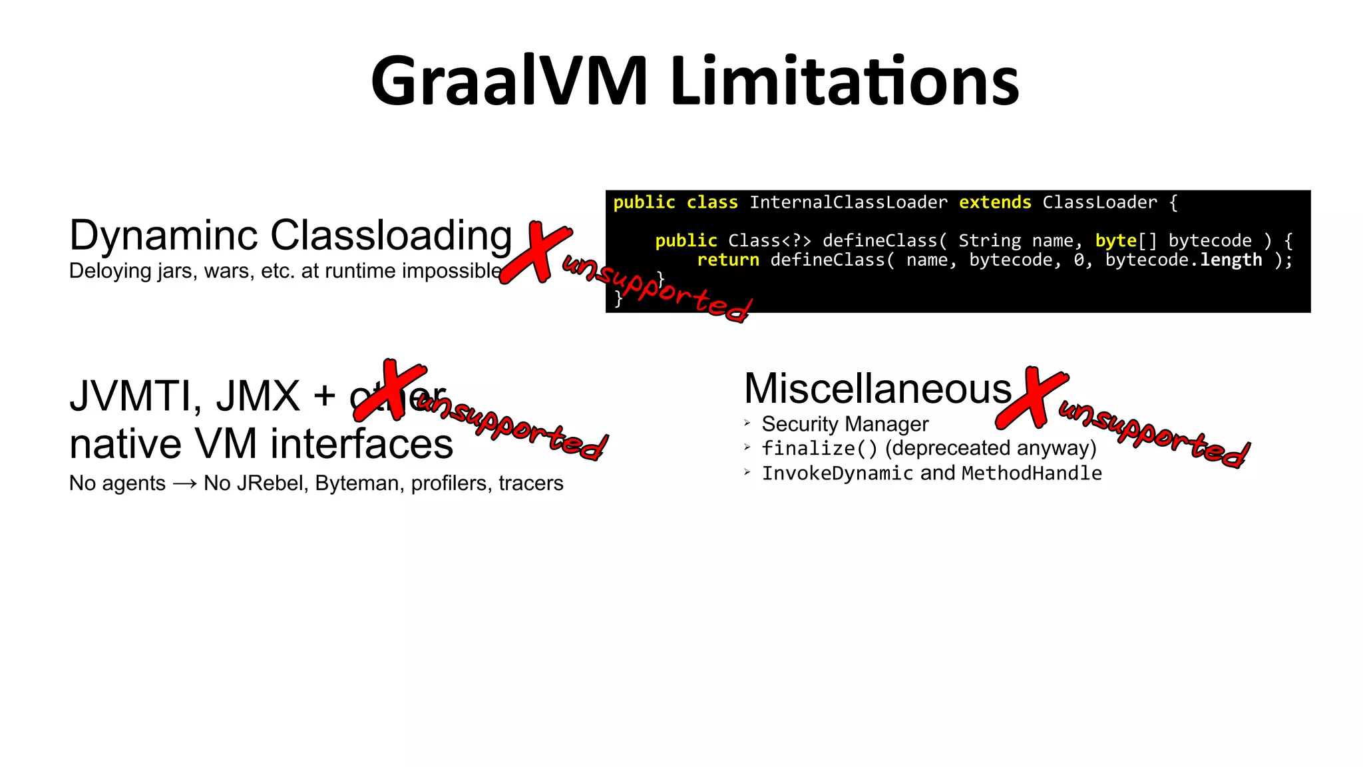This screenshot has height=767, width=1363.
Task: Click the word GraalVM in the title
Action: coord(509,82)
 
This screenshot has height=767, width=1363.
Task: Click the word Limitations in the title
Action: coord(845,82)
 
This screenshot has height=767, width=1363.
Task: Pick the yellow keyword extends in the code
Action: coord(995,202)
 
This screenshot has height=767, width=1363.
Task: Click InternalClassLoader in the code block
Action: coord(849,202)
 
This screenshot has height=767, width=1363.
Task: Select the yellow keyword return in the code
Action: coord(727,260)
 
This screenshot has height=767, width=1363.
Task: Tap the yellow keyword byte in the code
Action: coord(1115,240)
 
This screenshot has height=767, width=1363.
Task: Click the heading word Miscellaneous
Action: coord(878,389)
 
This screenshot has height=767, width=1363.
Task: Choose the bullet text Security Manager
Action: coord(845,424)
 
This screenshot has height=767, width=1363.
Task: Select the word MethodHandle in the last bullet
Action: coord(1032,473)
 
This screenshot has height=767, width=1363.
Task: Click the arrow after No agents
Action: coord(184,484)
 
